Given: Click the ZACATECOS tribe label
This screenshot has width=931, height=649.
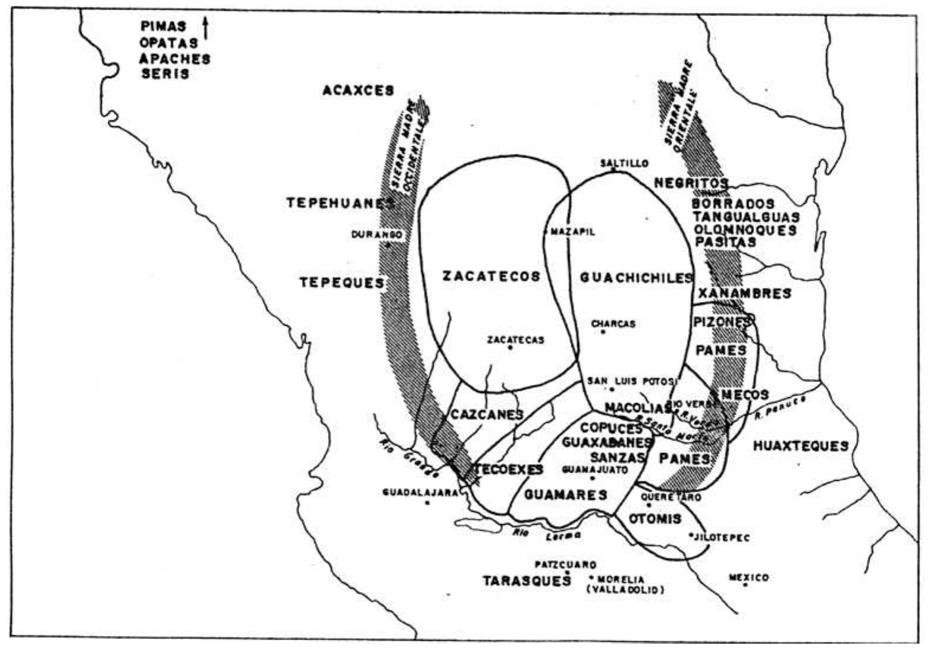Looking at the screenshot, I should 491,277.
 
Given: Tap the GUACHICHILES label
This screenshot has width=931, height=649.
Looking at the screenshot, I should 636,278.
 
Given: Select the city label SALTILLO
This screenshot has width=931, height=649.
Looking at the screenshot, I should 624,163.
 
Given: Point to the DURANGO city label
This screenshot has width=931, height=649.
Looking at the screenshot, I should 376,235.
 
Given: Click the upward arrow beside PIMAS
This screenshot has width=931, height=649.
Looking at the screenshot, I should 205,28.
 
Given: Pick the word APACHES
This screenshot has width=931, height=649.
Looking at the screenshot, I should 175,59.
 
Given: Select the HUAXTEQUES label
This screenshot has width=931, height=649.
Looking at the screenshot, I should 800,446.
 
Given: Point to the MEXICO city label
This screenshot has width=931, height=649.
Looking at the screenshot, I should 749,577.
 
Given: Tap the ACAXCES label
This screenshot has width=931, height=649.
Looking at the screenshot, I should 358,91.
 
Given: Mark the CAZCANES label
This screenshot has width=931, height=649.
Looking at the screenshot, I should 487,415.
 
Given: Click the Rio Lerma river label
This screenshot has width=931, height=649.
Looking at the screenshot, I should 546,534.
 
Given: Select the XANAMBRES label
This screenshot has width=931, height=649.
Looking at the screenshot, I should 744,293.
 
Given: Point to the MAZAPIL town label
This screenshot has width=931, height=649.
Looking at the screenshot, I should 572,232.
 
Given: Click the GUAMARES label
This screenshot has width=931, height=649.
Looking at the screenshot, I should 565,494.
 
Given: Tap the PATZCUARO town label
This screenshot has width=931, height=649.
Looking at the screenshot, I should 565,565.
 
